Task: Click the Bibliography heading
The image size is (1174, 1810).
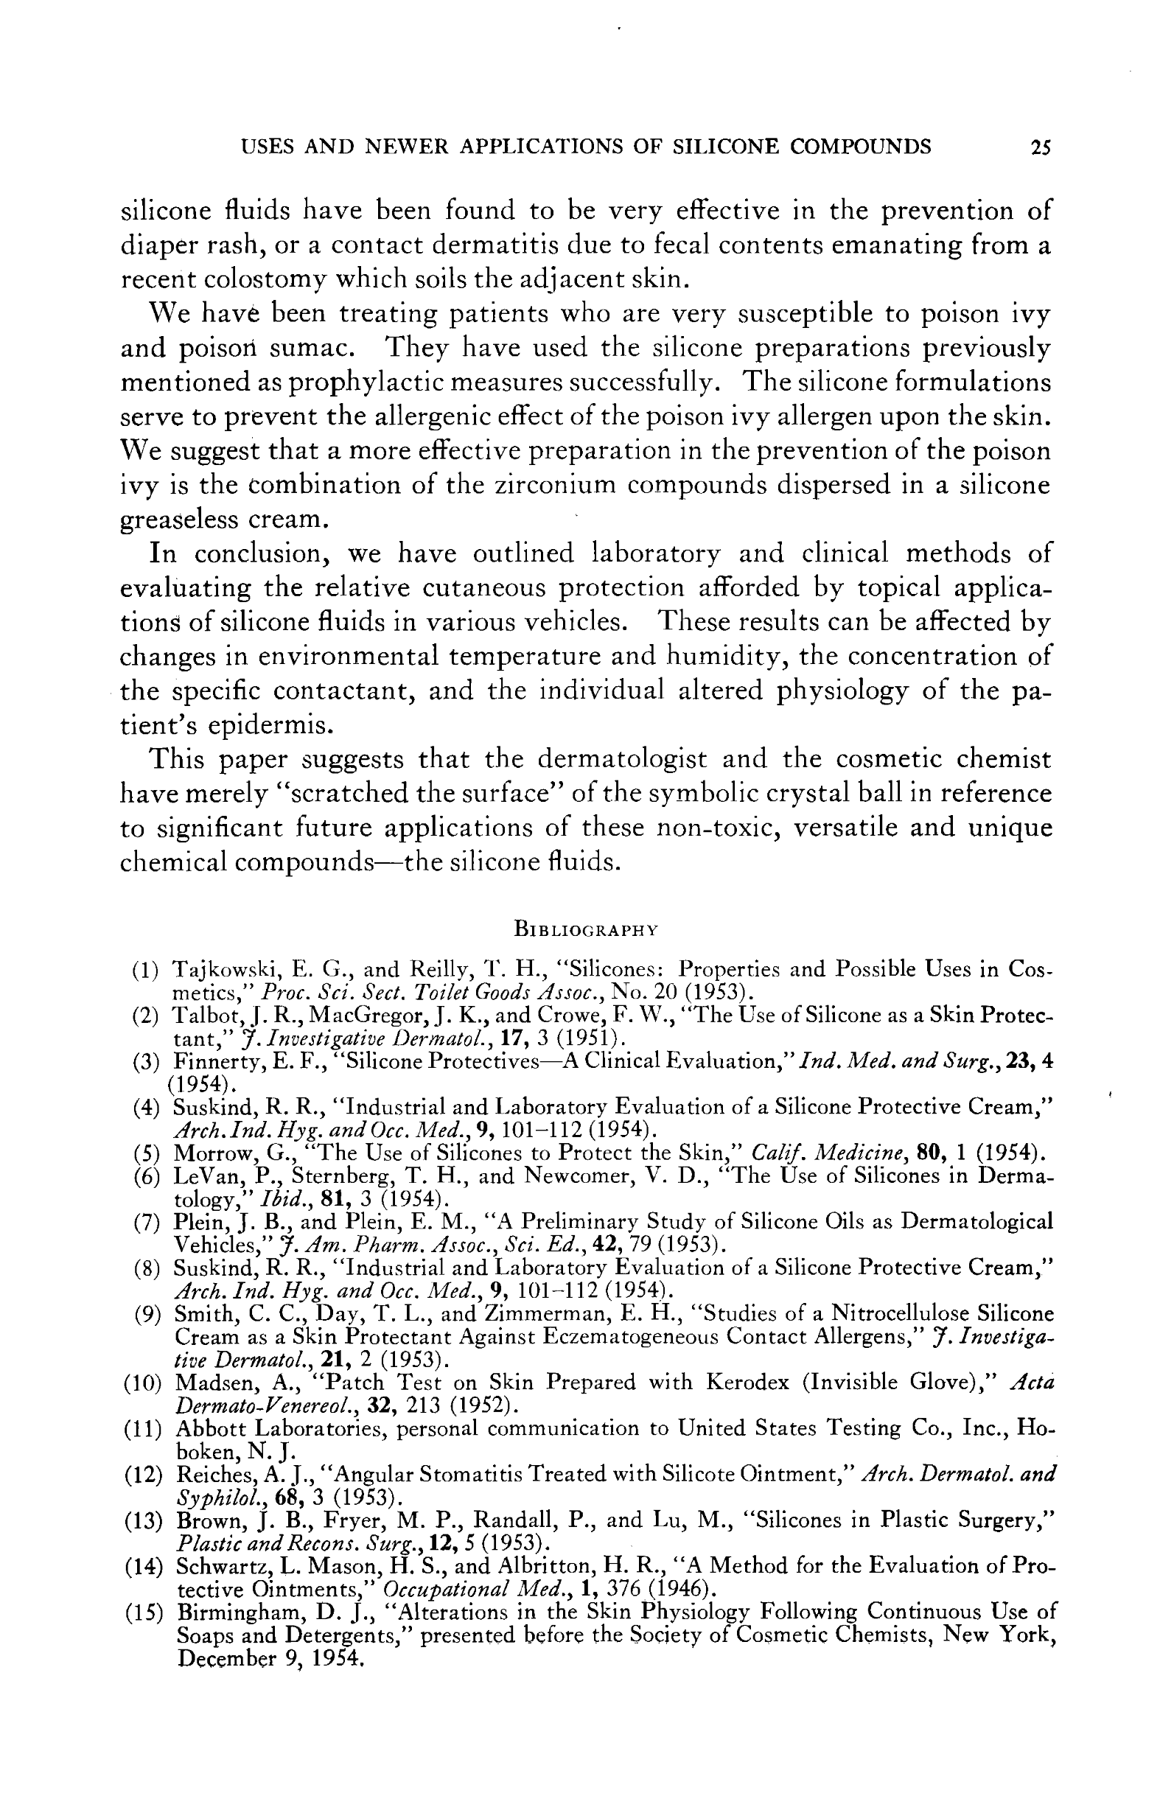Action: (x=585, y=929)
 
